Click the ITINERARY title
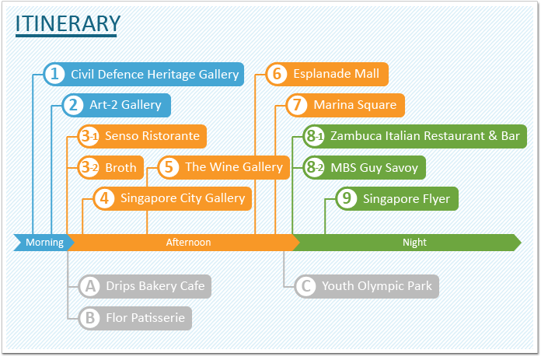(x=68, y=23)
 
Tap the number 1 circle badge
(x=54, y=74)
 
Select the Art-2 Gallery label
(x=126, y=105)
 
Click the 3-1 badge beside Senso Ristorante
(x=89, y=136)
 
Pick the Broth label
(x=120, y=167)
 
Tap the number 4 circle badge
(x=104, y=198)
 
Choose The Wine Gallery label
(x=234, y=167)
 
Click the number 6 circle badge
(x=277, y=74)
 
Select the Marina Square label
(x=355, y=105)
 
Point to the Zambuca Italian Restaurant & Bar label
(x=425, y=136)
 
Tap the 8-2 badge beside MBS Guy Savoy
(x=314, y=168)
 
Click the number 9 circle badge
(x=347, y=198)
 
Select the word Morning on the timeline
(x=44, y=243)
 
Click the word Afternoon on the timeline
(x=188, y=243)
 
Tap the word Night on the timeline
(x=415, y=243)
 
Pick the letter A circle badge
(x=90, y=286)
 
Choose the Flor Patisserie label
(x=145, y=317)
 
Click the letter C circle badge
(x=306, y=286)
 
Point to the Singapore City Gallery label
(x=183, y=198)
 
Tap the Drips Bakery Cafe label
(x=155, y=286)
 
